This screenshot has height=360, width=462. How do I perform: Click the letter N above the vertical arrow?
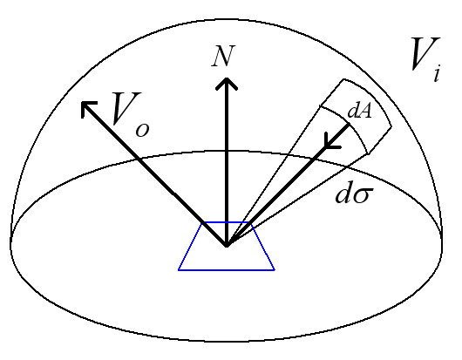tap(224, 56)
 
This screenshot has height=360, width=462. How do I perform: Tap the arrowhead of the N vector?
tap(227, 84)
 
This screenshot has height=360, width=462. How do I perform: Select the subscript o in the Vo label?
tap(142, 130)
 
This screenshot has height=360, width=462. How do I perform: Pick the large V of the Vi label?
tap(425, 54)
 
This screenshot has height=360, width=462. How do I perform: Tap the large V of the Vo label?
tap(126, 108)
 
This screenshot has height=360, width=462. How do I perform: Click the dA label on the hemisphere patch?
tap(359, 112)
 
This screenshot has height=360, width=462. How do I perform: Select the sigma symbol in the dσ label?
tap(362, 195)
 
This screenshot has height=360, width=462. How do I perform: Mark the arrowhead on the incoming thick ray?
tap(331, 142)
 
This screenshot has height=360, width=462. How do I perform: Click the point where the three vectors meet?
tap(227, 246)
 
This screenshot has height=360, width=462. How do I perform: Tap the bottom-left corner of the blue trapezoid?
tap(178, 270)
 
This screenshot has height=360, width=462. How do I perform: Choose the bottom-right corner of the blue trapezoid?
tap(275, 270)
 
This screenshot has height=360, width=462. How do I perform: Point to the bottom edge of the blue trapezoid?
tap(227, 270)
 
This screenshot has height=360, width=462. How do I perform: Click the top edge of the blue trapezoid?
tap(227, 222)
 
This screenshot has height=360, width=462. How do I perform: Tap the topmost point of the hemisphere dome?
tap(227, 20)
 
